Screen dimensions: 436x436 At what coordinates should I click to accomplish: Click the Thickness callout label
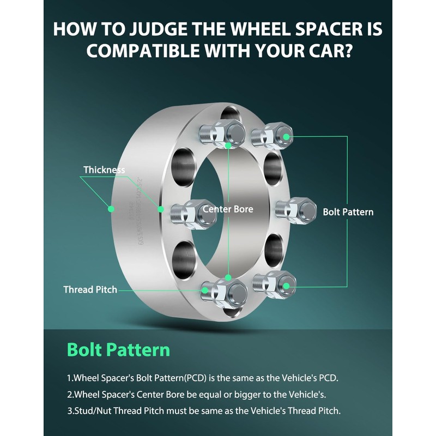coord(104,170)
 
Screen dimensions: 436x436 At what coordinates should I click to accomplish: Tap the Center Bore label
coord(228,209)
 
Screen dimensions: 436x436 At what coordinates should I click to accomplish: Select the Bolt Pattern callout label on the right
coord(348,211)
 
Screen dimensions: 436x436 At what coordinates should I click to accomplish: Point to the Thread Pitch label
coord(90,289)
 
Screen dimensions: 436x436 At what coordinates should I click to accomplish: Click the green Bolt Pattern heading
coord(118,349)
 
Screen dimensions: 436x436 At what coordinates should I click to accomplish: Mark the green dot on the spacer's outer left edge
coord(111,208)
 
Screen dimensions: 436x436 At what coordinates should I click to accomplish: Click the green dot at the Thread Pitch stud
coord(204,290)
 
